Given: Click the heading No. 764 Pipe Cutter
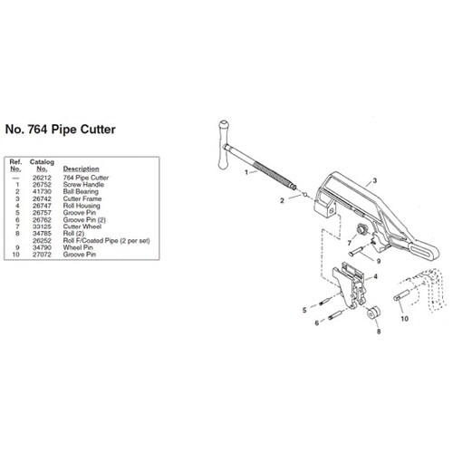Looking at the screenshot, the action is click(x=61, y=130).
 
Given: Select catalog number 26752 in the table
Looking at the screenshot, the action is click(x=42, y=185).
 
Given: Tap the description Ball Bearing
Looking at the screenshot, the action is click(x=81, y=191).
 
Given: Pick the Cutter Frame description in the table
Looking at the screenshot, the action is click(x=82, y=198).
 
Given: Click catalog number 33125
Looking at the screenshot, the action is click(x=42, y=226).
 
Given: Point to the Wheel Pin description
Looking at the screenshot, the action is click(x=78, y=247).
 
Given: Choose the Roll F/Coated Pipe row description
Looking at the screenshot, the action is click(x=106, y=241).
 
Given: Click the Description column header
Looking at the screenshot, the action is click(x=81, y=169).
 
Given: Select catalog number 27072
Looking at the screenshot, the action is click(x=42, y=255).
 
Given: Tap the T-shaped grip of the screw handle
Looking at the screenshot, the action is click(x=224, y=145).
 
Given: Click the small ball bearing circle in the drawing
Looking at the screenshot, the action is click(x=305, y=195).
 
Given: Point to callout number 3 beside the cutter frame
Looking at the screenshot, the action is click(x=375, y=180).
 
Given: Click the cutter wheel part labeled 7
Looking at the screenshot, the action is click(x=361, y=230).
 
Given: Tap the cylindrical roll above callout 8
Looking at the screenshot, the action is click(x=373, y=313).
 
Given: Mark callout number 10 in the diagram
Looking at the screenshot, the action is click(x=404, y=318).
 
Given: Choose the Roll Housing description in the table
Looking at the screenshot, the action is click(x=82, y=206).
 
